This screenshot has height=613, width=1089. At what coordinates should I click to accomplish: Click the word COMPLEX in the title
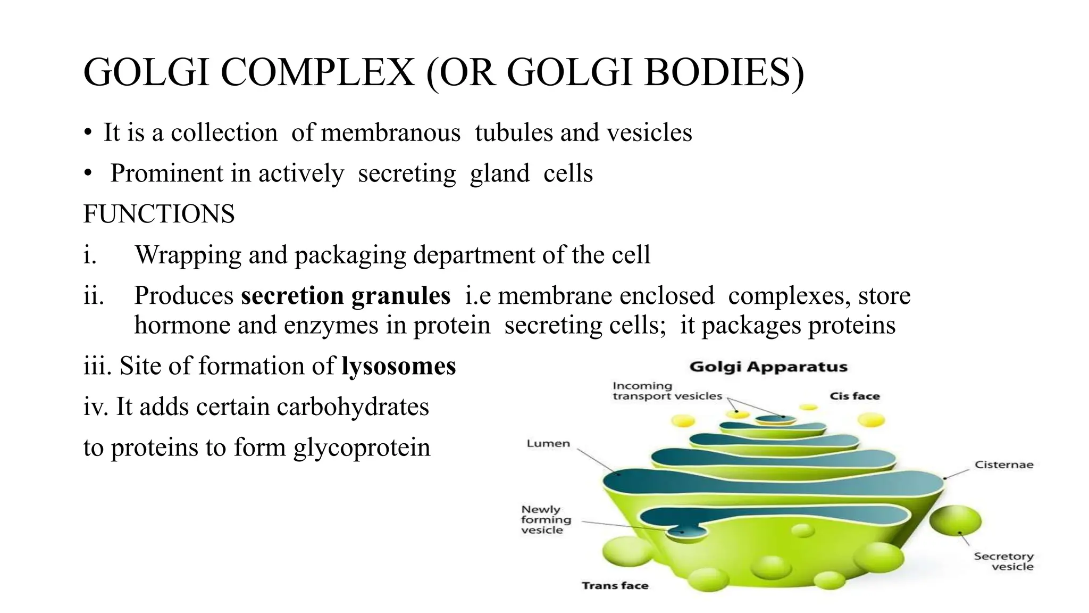click(x=317, y=72)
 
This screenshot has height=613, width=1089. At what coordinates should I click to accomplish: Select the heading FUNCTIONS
click(x=159, y=214)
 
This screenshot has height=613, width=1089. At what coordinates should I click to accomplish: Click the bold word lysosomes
click(x=398, y=366)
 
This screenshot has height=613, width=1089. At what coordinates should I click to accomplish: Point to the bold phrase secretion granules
click(x=346, y=296)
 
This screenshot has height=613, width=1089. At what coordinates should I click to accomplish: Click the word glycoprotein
click(x=362, y=448)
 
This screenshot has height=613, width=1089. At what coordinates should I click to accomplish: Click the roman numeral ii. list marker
click(x=94, y=296)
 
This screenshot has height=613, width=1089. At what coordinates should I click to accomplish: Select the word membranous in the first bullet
click(x=391, y=132)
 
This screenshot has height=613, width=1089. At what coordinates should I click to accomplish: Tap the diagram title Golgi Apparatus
click(x=768, y=367)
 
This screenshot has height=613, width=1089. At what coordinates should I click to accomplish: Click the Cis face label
click(x=855, y=396)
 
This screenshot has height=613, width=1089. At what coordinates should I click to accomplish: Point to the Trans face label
click(x=615, y=586)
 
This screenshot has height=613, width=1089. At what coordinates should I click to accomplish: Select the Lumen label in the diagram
click(x=548, y=444)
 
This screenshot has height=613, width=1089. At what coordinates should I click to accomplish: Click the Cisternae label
click(x=1003, y=465)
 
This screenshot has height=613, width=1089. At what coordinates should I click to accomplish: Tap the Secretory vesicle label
click(x=1003, y=561)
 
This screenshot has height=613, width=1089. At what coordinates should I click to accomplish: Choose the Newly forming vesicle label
click(x=546, y=520)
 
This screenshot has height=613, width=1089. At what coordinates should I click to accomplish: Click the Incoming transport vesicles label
click(x=667, y=391)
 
